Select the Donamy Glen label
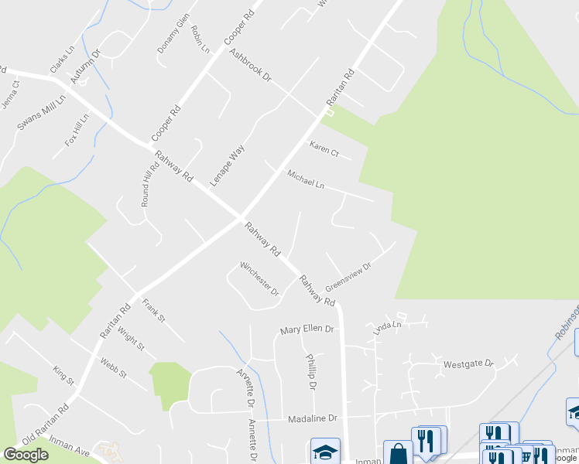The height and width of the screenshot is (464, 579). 173,36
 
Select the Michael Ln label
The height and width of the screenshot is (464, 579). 306,180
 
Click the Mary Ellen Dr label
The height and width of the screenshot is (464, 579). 307,329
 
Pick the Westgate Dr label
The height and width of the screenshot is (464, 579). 468,363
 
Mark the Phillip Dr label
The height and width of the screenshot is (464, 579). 311,373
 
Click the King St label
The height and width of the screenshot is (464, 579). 63,377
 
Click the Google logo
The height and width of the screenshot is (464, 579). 26,455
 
